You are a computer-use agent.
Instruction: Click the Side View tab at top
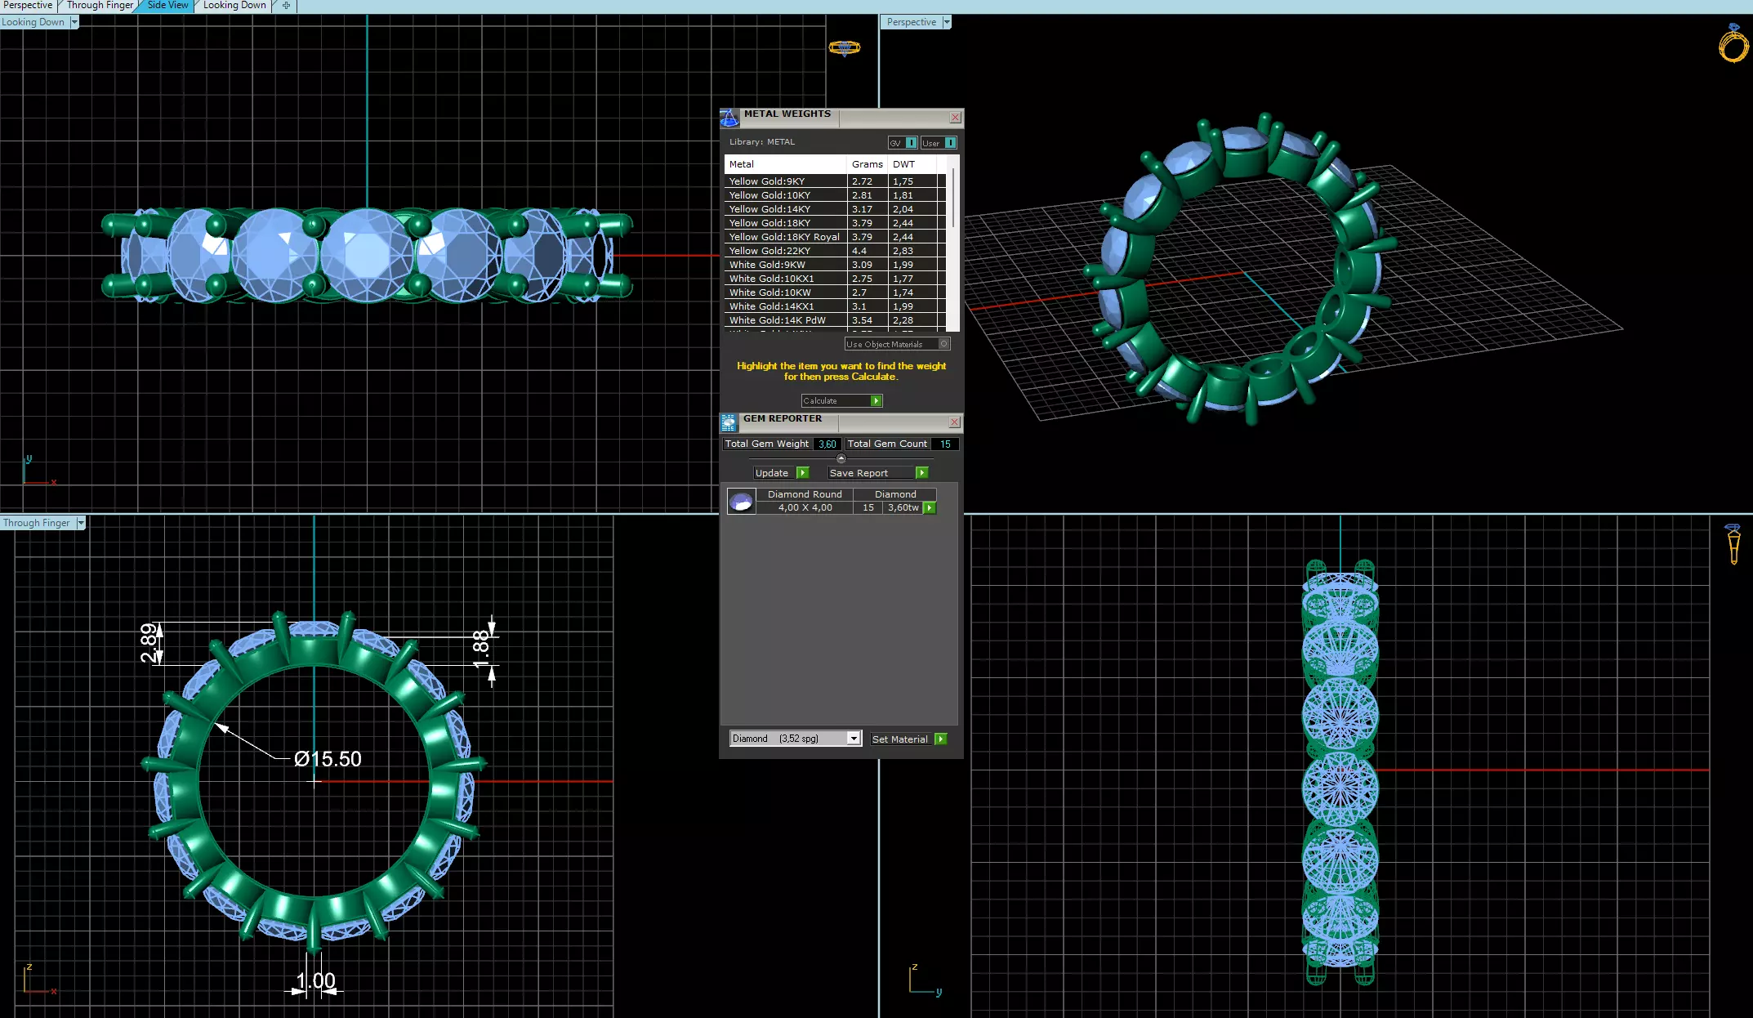[x=167, y=6]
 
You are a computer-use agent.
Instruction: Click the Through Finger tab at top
[x=100, y=6]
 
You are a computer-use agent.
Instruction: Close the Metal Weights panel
[x=955, y=118]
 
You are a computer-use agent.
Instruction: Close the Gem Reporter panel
[x=954, y=422]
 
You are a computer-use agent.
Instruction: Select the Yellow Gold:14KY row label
[x=769, y=209]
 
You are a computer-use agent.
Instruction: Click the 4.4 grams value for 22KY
[x=860, y=251]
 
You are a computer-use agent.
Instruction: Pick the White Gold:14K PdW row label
[x=777, y=320]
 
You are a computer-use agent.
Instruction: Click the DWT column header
[x=903, y=164]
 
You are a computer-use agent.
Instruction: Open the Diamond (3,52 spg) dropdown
[x=853, y=739]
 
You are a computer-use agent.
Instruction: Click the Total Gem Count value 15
[x=945, y=444]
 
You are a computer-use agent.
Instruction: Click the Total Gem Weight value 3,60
[x=827, y=444]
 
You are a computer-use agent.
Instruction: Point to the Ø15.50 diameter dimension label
[x=328, y=759]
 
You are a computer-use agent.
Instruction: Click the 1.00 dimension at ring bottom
[x=315, y=980]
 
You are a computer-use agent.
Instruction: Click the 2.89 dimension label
[x=148, y=643]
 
